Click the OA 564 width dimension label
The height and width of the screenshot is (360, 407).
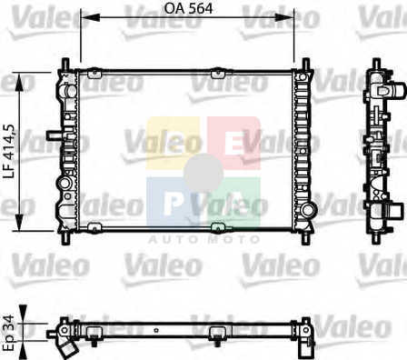(188, 8)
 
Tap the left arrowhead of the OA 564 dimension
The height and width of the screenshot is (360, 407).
(91, 17)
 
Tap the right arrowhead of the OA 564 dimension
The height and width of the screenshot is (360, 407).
(284, 17)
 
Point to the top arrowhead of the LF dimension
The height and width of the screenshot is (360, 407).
(19, 82)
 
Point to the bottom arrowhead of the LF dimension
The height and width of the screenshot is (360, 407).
(19, 222)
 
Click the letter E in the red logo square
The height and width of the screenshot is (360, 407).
(233, 145)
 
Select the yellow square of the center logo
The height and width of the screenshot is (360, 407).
(173, 143)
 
